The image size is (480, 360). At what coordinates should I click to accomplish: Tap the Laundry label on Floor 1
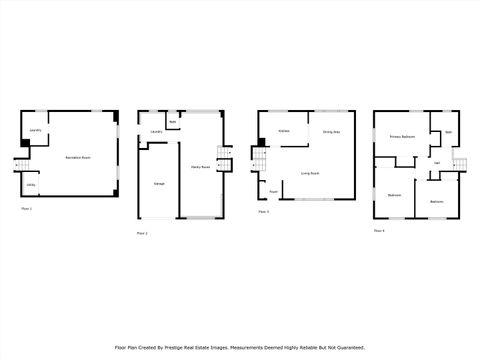[x=35, y=130]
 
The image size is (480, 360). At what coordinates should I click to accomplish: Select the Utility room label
[x=31, y=185]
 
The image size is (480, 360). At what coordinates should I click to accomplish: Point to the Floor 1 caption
[x=27, y=208]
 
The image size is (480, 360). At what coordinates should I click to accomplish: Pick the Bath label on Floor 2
[x=173, y=122]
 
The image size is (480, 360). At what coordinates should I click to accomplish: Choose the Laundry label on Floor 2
[x=156, y=132]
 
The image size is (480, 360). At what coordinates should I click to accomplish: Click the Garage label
[x=159, y=185]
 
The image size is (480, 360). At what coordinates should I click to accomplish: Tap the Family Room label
[x=199, y=167]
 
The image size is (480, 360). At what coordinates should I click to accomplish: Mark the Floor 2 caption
[x=141, y=233]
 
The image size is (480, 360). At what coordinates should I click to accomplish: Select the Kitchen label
[x=284, y=131]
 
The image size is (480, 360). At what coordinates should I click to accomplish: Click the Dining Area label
[x=331, y=132]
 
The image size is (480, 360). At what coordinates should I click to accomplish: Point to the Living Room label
[x=310, y=173]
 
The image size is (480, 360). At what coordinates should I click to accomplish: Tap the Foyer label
[x=273, y=191]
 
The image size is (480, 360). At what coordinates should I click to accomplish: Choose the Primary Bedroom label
[x=403, y=136]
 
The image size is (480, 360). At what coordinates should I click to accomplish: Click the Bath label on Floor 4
[x=448, y=132]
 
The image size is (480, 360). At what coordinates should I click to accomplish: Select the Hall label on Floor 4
[x=437, y=163]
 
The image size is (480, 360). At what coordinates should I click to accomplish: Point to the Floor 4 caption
[x=379, y=230]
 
